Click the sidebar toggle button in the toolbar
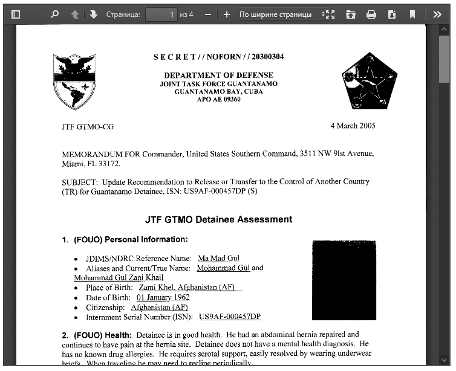(16, 14)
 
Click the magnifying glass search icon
(54, 14)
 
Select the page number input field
(161, 14)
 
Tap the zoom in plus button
(226, 14)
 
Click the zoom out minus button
(207, 14)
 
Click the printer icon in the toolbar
(371, 14)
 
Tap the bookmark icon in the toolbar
(412, 14)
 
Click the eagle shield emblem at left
(74, 81)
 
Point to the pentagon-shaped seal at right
(369, 80)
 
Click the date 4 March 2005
(353, 126)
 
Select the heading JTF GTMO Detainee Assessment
(218, 219)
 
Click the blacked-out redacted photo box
(344, 280)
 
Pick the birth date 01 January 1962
(163, 297)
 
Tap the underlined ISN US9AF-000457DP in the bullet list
(229, 317)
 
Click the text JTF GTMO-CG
(88, 127)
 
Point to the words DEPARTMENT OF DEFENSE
(218, 76)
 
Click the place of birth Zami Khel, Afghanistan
(186, 287)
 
